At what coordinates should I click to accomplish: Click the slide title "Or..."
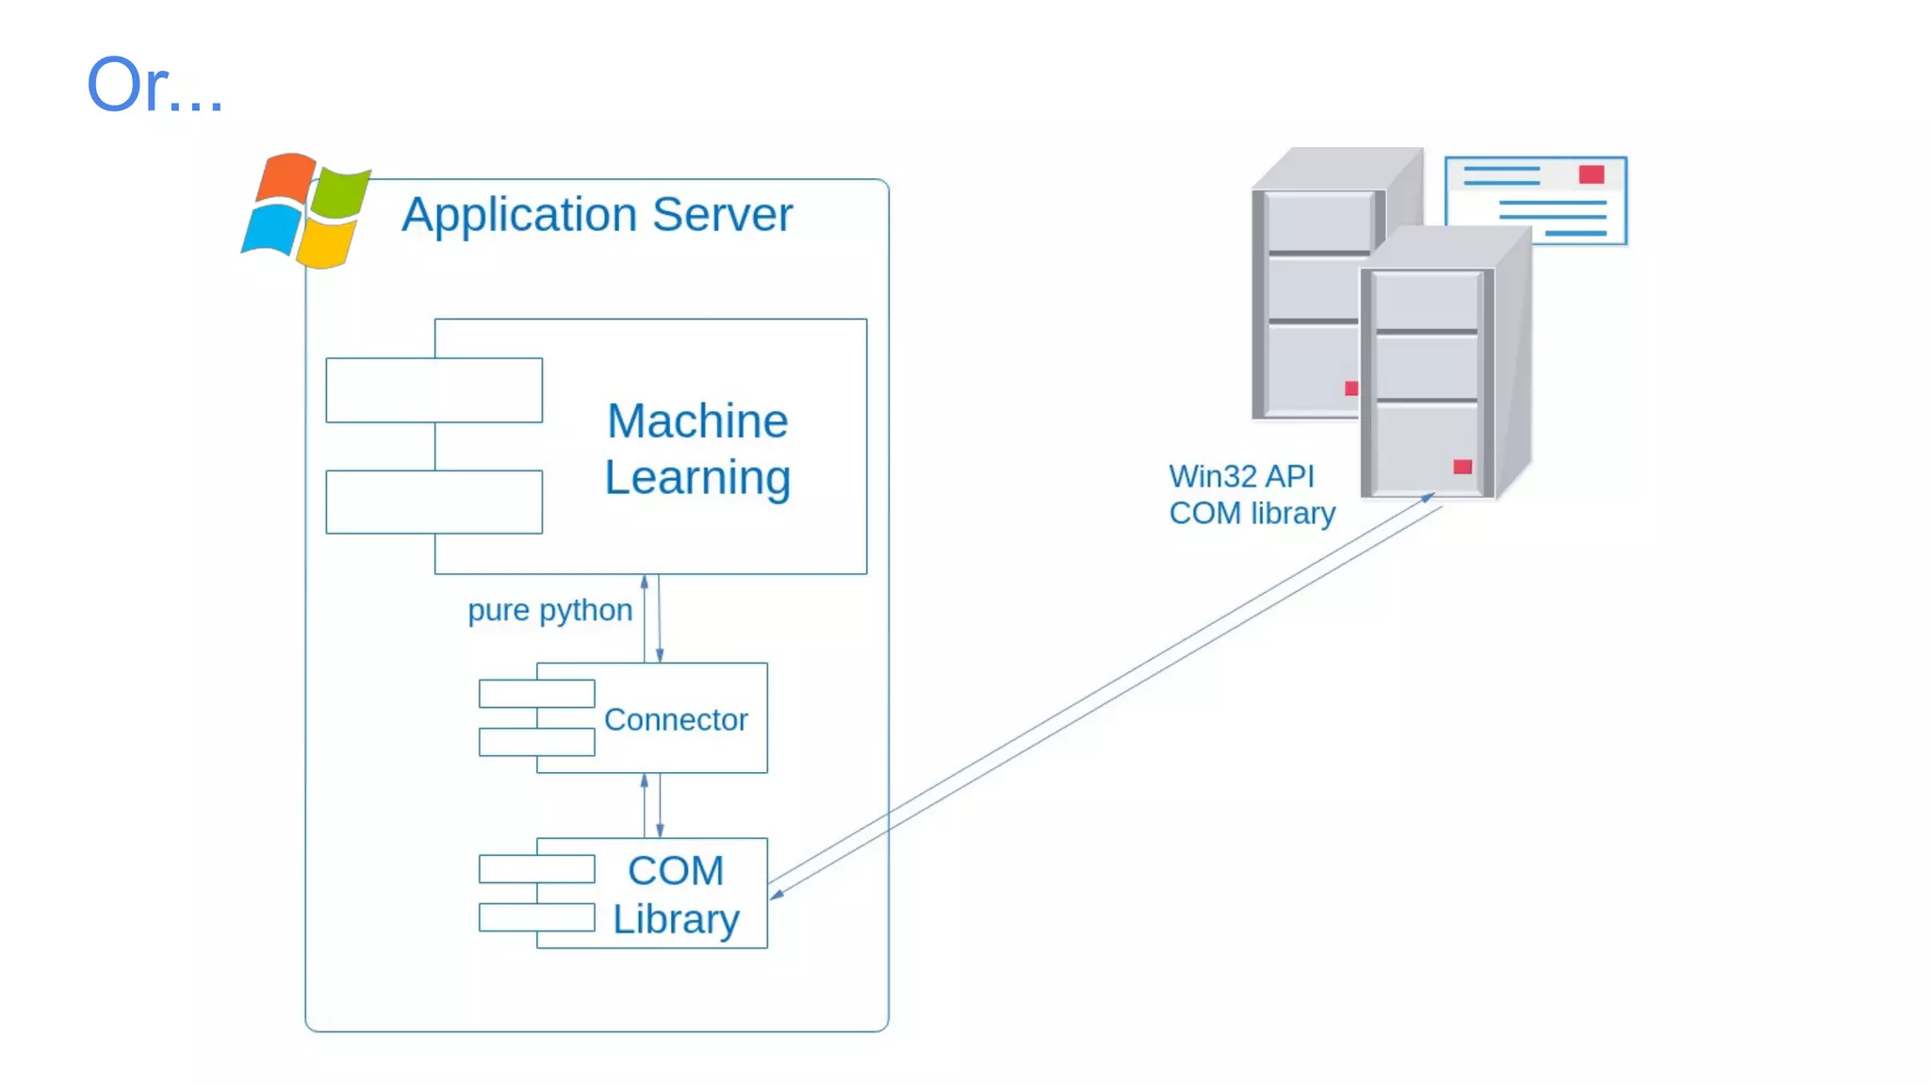point(155,85)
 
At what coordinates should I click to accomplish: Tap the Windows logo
point(306,210)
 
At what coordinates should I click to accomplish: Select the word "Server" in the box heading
point(722,215)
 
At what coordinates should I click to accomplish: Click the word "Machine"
point(697,420)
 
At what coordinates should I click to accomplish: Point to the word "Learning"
point(697,477)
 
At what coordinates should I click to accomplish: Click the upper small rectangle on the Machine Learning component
point(433,390)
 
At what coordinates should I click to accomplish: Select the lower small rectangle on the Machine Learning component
point(433,502)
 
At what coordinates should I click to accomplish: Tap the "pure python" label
point(549,610)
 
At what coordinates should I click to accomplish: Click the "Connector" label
point(676,719)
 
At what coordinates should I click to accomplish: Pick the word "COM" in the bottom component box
point(676,870)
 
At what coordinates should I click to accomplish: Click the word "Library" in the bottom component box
point(676,919)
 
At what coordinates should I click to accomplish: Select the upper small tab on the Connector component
point(536,694)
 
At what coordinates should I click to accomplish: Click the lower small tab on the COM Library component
point(536,917)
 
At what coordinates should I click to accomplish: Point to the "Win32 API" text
point(1241,476)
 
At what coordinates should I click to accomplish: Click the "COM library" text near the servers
point(1251,513)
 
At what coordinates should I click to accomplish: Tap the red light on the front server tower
point(1462,467)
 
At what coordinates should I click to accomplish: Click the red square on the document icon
point(1591,174)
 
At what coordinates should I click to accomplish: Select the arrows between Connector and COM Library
point(652,805)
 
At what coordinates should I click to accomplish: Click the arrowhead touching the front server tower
point(1428,497)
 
